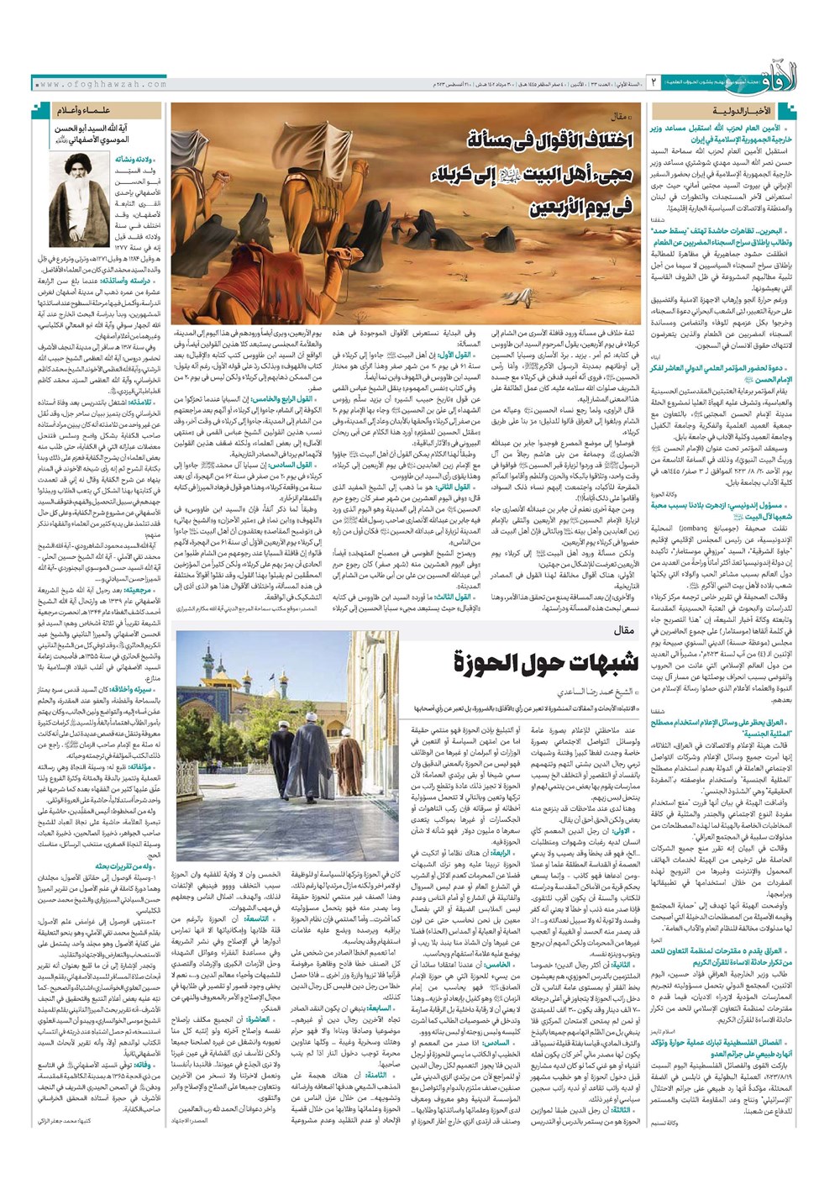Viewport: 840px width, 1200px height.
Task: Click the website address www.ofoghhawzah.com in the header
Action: [x=102, y=85]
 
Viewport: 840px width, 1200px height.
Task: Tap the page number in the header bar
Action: [x=653, y=85]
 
